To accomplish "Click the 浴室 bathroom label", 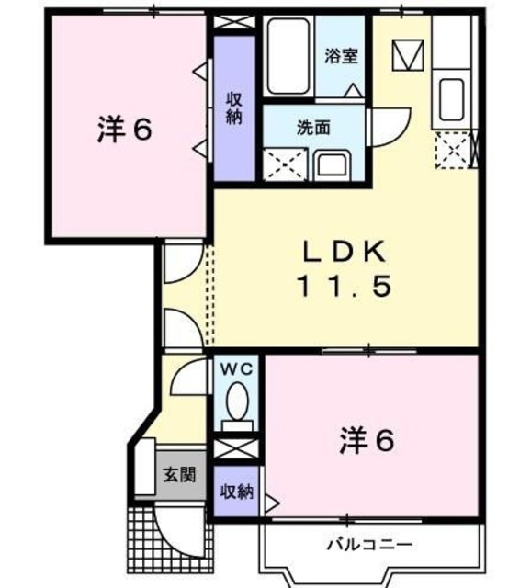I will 340,56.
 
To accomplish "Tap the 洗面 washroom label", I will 313,128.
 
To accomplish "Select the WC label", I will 238,368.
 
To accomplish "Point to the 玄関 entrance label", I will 179,475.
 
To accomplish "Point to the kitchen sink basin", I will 450,100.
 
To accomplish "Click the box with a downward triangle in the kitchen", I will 404,56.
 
